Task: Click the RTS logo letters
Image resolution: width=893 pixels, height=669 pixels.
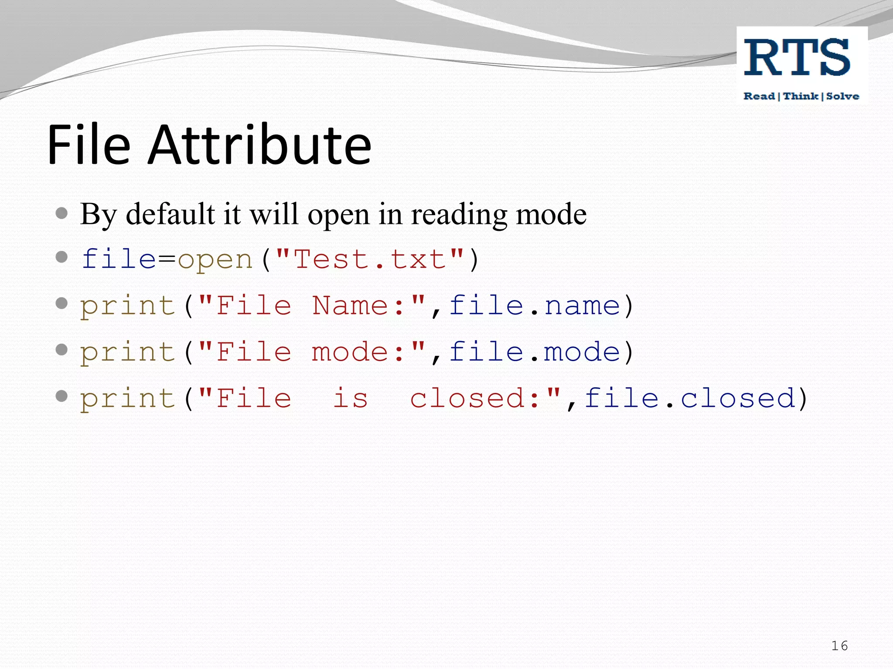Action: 797,57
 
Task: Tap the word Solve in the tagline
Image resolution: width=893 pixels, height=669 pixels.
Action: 842,96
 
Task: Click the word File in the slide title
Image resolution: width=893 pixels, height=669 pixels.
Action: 89,145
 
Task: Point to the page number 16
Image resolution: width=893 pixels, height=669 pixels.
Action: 839,645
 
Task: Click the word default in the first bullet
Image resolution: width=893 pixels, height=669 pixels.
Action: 170,214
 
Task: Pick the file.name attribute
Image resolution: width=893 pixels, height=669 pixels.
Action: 535,305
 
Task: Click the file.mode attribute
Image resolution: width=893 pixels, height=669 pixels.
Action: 535,351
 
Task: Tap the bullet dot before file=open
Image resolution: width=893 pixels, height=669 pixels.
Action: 62,257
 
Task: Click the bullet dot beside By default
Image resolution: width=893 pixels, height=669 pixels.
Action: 62,213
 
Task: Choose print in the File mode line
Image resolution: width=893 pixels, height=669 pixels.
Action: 127,352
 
